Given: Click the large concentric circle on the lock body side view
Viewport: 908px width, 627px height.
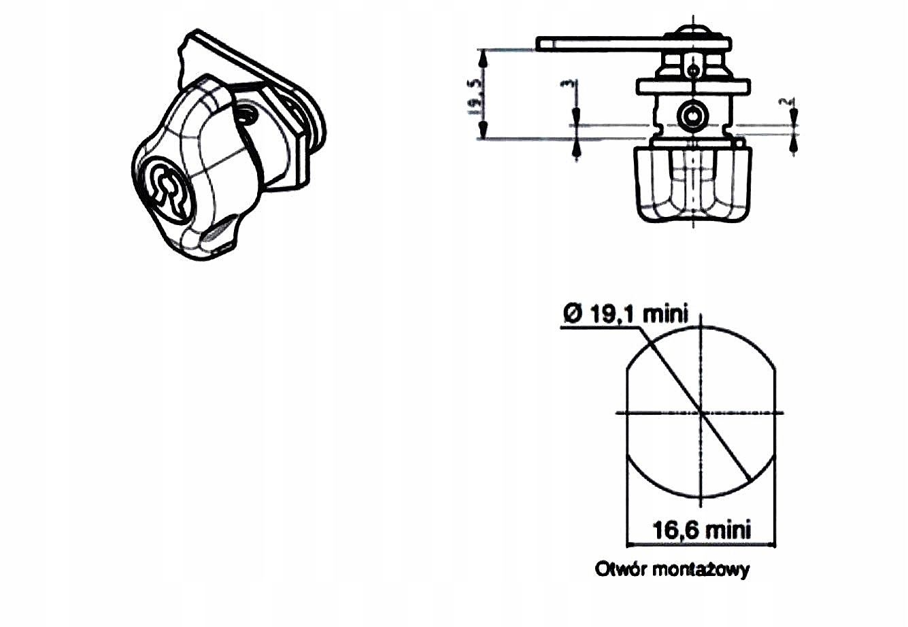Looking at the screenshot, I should pos(693,115).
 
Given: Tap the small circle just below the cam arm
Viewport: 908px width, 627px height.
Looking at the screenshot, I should pos(693,69).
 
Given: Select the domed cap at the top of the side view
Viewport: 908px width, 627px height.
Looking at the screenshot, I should pos(693,31).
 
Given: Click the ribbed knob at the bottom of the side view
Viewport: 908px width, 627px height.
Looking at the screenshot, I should pos(693,184).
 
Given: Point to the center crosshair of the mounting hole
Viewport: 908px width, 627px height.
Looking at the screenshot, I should pos(701,412).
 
